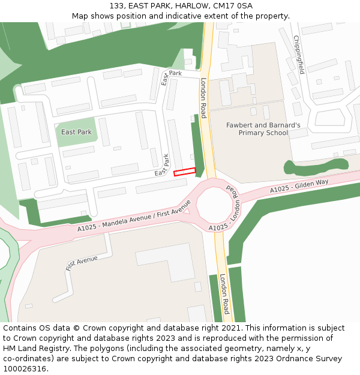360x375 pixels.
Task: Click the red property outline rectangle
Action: pos(185,172)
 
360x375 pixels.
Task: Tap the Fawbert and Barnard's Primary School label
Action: pos(263,129)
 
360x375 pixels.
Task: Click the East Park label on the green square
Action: pos(76,132)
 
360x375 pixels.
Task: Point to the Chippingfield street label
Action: pos(298,55)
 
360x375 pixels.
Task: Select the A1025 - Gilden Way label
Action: pos(299,186)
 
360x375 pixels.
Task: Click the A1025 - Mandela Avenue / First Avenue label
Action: pos(133,221)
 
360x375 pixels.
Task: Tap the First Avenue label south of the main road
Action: pos(82,263)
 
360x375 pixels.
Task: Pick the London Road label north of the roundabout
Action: pos(203,97)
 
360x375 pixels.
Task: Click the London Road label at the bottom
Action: pos(224,294)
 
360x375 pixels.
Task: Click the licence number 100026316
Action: pos(25,369)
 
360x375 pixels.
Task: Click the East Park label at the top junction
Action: pos(171,76)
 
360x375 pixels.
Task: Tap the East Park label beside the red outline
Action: pos(162,165)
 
